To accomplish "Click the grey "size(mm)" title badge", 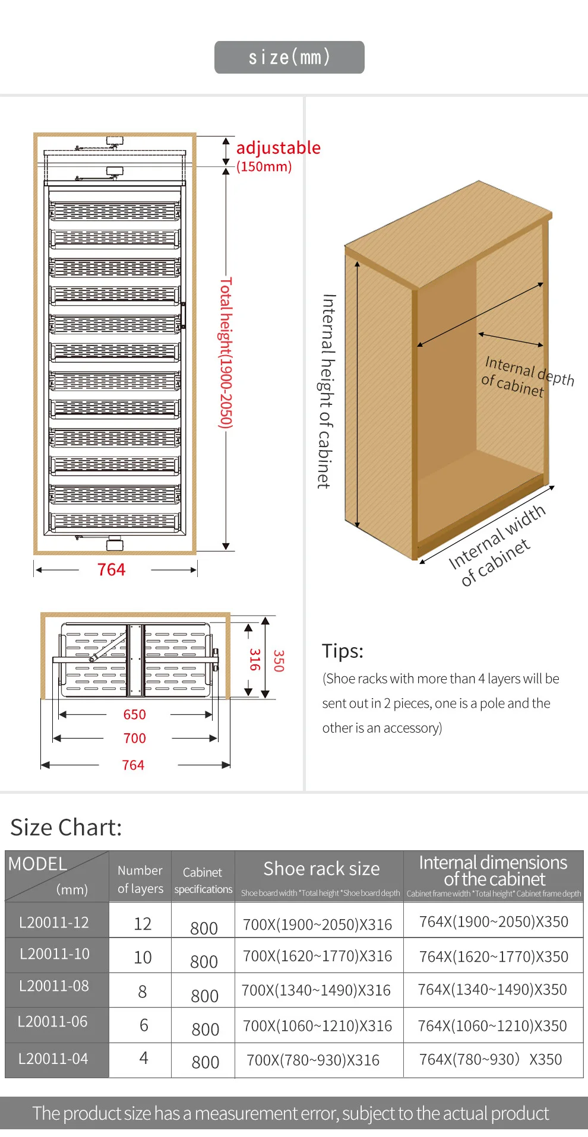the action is click(289, 58).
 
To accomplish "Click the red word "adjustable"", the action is click(278, 148).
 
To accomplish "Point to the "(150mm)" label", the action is click(264, 167).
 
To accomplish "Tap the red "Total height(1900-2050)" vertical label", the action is click(226, 353).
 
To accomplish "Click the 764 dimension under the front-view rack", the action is click(112, 570).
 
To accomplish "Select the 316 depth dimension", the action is click(254, 660).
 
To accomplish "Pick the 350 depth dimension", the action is click(278, 661).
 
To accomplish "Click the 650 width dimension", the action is click(134, 715).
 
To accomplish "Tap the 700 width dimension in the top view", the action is click(134, 739).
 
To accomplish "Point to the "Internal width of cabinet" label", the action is click(497, 545).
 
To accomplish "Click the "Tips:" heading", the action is click(343, 651).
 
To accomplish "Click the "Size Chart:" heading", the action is click(66, 828).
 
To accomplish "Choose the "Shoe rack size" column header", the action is click(321, 869).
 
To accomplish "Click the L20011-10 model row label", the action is click(55, 954).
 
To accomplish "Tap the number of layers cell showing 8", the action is click(143, 992).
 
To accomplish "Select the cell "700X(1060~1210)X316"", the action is click(318, 1026).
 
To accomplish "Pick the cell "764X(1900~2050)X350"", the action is click(494, 922).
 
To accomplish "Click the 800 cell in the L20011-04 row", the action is click(205, 1062).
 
